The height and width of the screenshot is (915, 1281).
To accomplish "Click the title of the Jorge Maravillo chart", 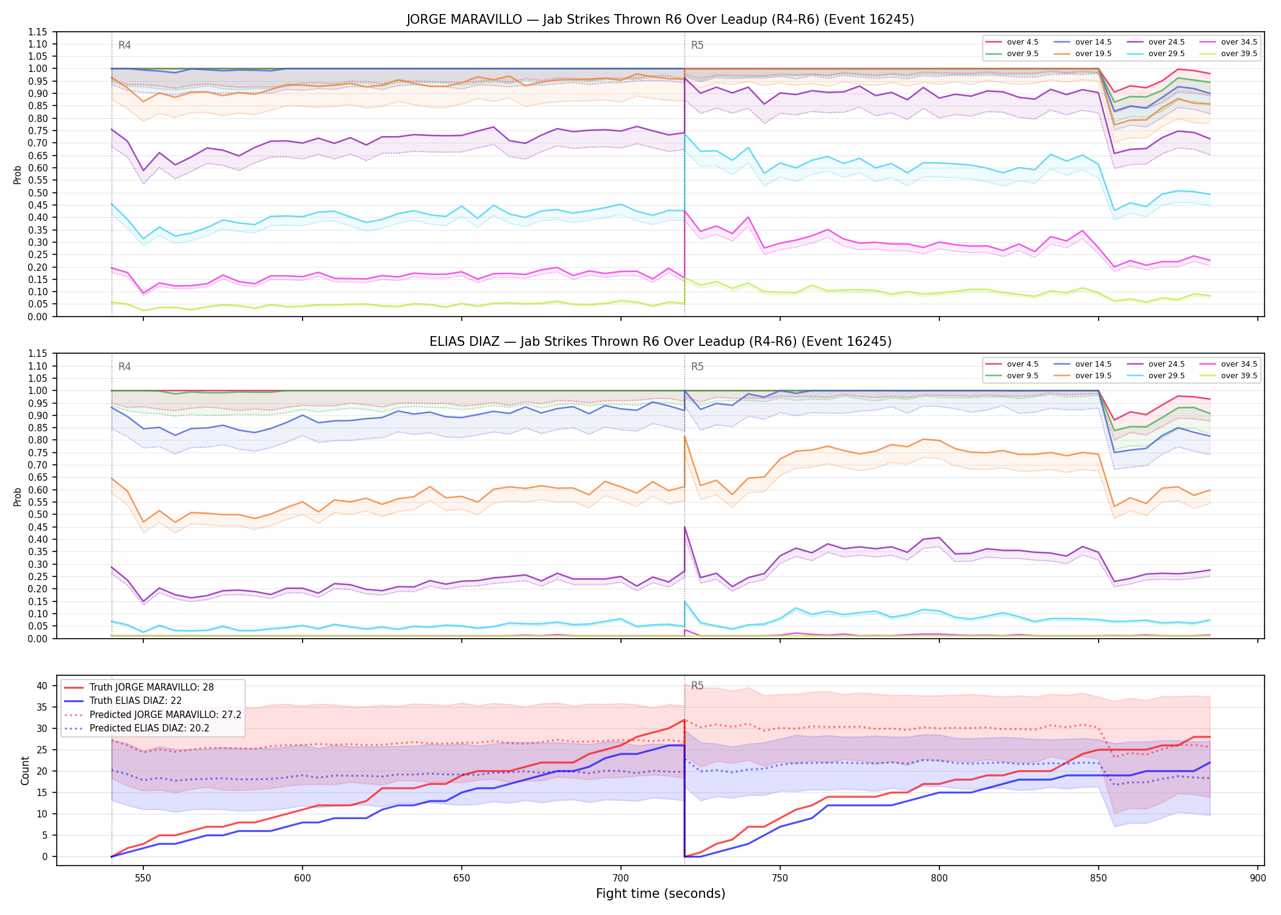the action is coord(660,20).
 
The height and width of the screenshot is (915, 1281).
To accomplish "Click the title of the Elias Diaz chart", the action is coord(660,342).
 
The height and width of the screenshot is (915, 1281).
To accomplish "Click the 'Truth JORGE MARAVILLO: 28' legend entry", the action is coord(151,687).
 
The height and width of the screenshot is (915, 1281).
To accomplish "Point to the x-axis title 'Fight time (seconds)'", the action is coord(661,894).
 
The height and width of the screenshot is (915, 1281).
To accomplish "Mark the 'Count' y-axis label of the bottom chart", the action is coord(25,770).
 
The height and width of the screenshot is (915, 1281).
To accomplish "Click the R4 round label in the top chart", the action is coord(124,45).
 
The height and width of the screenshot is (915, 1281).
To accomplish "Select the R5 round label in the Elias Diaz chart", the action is coord(697,367).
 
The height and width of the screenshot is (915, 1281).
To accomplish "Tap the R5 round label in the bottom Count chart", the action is coord(697,686).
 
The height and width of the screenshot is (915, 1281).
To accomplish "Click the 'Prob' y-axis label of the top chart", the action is coord(17,174).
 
